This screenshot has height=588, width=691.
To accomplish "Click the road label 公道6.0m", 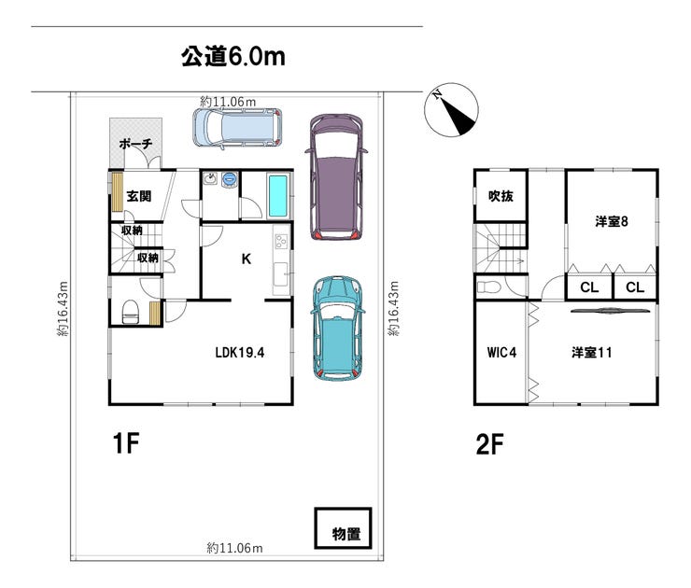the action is (233, 56).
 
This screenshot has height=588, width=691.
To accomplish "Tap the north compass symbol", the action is (451, 110).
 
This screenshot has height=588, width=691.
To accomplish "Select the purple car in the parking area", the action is (336, 176).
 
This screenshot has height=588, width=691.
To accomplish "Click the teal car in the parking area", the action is (337, 329).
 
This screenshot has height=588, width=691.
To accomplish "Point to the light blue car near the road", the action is (237, 127).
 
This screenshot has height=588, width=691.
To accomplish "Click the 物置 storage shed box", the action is (343, 528).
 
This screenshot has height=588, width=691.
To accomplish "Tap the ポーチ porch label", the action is (135, 144).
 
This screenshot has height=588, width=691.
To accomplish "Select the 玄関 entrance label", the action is (139, 196).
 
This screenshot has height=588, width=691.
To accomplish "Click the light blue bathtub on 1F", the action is (278, 196).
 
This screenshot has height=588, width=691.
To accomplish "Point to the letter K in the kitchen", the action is (247, 259).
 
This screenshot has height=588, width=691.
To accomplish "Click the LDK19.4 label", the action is (240, 353).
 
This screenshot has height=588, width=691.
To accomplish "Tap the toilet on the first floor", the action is (130, 312).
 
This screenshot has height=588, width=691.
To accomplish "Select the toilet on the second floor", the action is (489, 287).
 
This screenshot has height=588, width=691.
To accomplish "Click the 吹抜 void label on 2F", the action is (501, 196).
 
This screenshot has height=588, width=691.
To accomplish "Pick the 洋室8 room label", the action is (612, 221).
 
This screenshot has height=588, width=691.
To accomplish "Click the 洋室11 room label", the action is (592, 353).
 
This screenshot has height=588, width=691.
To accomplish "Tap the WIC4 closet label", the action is (501, 353).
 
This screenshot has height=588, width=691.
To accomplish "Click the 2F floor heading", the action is (489, 444).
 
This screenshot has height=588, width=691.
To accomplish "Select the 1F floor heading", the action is (126, 442).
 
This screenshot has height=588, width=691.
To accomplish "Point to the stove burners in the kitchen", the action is (281, 242).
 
